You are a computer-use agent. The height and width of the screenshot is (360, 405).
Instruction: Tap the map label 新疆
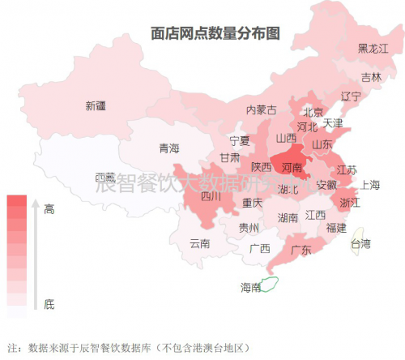point(96,105)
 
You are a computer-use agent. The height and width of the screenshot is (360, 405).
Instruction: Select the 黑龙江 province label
point(373,49)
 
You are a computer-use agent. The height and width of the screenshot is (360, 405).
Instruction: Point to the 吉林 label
point(371,77)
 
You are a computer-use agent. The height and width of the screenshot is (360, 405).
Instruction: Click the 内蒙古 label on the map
point(261,109)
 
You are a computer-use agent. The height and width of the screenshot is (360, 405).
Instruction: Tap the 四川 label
point(211,195)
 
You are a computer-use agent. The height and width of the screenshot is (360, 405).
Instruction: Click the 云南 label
point(199,242)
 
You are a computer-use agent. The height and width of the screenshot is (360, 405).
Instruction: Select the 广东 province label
point(301,250)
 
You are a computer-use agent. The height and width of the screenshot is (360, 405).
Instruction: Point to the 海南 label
point(250,287)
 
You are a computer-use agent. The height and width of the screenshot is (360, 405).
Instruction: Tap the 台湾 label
point(359,243)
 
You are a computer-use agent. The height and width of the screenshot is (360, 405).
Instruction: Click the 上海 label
point(370,184)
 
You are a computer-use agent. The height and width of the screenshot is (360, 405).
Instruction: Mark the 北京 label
point(313,112)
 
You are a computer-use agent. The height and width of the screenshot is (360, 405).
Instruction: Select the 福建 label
point(336,227)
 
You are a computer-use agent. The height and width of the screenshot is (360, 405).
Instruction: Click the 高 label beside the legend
point(49,209)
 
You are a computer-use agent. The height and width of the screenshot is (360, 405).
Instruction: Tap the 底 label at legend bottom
point(49,304)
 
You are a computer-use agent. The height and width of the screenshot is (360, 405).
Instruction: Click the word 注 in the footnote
point(11,348)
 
